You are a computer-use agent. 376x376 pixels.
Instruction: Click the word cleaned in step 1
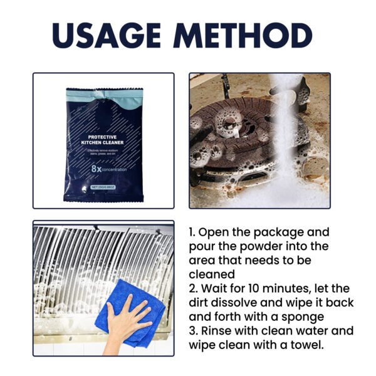click(212, 274)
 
